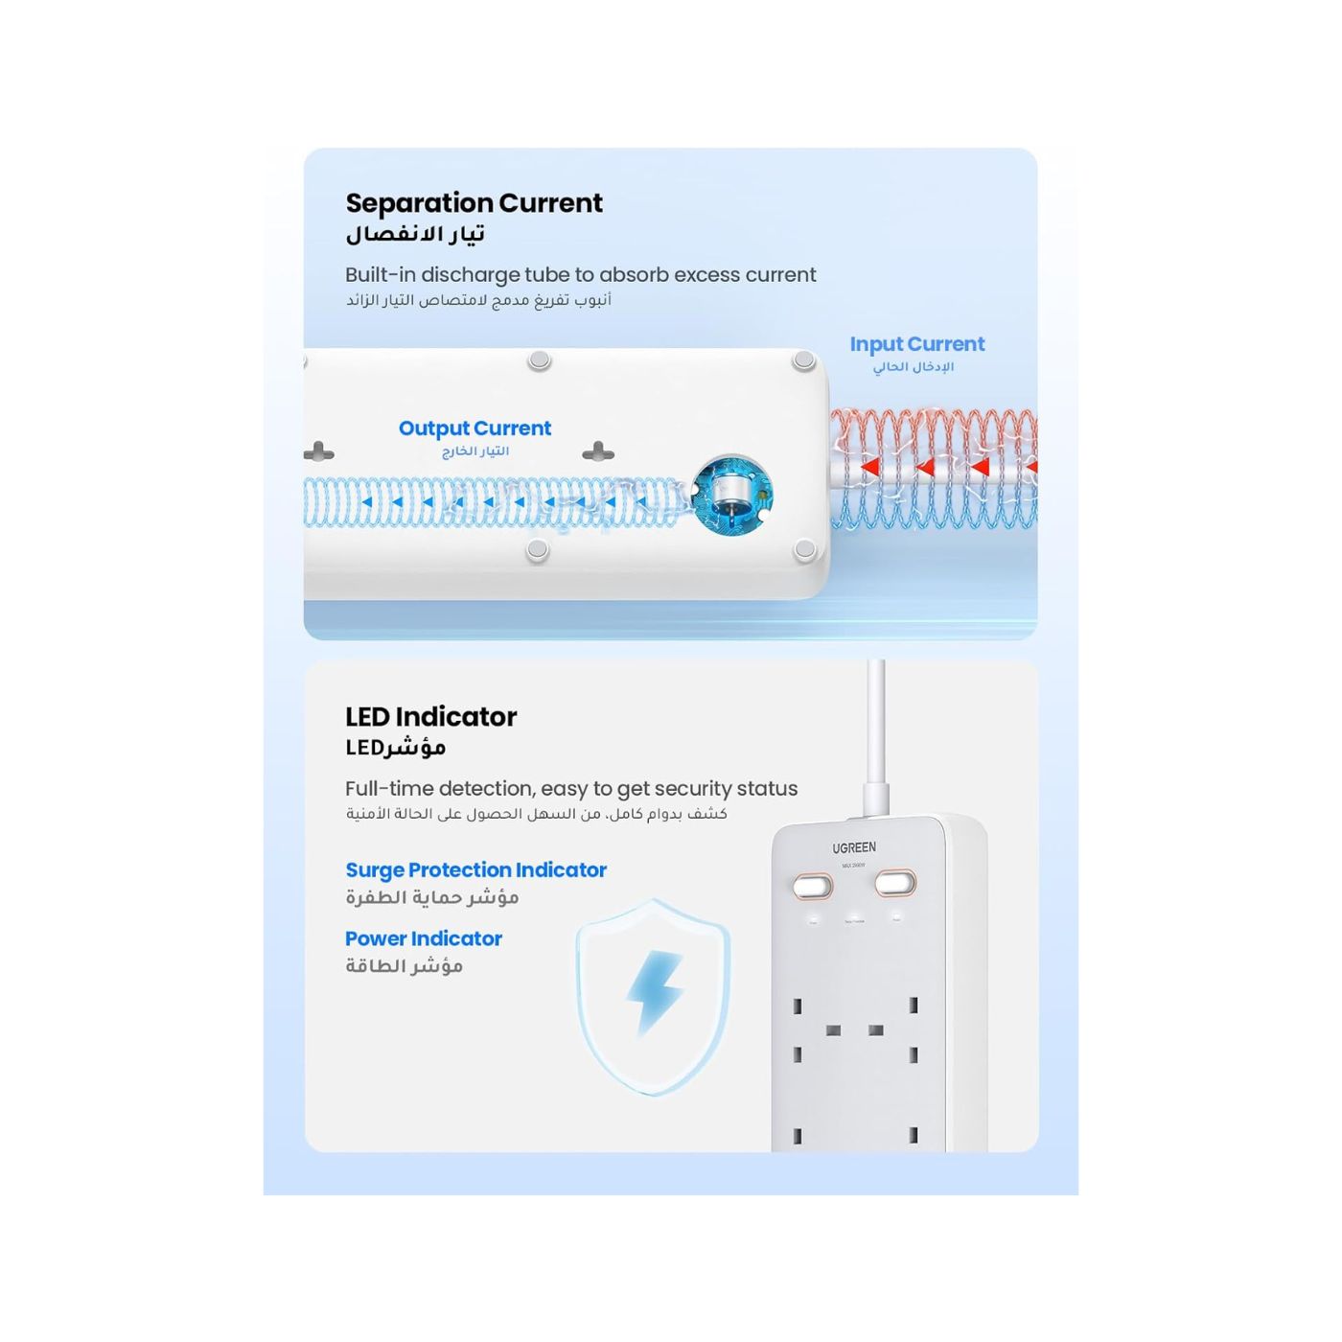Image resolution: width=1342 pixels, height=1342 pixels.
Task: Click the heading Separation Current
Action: pos(474,203)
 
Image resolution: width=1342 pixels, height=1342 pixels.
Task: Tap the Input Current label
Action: pos(916,344)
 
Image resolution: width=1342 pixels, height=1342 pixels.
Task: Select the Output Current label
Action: pos(474,428)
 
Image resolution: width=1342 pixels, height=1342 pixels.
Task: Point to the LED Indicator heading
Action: pos(430,717)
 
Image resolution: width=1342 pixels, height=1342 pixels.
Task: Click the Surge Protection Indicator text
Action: pos(475,870)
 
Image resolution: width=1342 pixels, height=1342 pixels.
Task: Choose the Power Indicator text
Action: pos(423,939)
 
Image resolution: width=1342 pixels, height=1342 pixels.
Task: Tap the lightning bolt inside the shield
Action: pos(655,992)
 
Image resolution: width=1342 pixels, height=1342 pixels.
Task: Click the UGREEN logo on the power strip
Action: pos(853,848)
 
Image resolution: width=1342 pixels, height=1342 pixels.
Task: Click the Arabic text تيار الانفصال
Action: pos(415,234)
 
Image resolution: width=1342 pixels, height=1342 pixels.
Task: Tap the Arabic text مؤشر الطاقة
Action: pos(404,966)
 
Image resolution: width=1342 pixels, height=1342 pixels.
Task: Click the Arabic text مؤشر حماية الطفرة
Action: pos(431,897)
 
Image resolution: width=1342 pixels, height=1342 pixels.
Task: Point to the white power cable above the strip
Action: pos(875,729)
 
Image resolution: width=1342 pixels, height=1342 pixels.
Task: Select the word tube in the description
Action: pos(546,275)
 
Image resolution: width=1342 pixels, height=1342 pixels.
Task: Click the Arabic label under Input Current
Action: pos(913,367)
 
